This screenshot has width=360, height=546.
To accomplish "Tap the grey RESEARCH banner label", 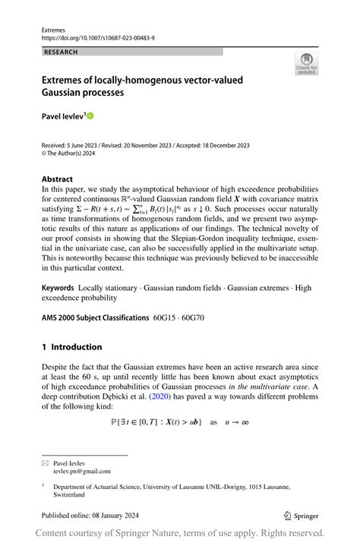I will pyautogui.click(x=62, y=52).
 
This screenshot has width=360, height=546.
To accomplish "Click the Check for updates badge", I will pyautogui.click(x=306, y=63).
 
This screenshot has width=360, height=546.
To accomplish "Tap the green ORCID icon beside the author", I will pyautogui.click(x=91, y=116).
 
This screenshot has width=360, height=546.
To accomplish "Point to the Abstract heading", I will pyautogui.click(x=58, y=179).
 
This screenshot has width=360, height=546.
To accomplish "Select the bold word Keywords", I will pyautogui.click(x=58, y=288).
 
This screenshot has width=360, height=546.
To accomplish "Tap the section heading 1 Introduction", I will pyautogui.click(x=72, y=347).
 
